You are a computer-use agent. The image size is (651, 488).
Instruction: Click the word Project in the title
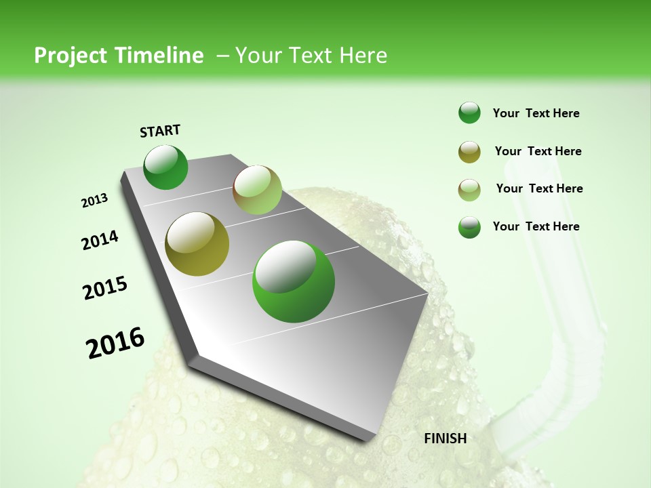(71, 56)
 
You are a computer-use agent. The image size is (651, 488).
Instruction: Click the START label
(160, 131)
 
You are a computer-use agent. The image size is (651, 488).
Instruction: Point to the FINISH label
(446, 439)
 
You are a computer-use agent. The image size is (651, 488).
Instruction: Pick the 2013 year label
(95, 201)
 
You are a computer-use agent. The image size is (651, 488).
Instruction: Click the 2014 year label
(100, 241)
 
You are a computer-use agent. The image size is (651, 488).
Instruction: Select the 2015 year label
(105, 288)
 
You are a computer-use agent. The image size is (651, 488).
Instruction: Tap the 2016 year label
(115, 343)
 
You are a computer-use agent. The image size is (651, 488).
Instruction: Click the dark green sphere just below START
(166, 167)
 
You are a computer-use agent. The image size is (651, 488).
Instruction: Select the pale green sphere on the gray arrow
(257, 190)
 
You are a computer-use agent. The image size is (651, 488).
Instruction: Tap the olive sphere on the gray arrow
(197, 244)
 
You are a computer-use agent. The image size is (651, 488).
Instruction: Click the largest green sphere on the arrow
(294, 281)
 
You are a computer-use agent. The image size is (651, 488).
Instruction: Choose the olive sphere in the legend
(469, 152)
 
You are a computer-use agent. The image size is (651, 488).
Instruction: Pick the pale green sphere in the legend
(469, 190)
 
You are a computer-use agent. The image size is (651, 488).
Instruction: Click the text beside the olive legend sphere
(538, 151)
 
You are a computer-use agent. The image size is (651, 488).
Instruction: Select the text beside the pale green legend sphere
(539, 188)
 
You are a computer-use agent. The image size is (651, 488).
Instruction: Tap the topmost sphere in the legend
(469, 113)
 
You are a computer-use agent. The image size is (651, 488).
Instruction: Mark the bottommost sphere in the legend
(469, 227)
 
